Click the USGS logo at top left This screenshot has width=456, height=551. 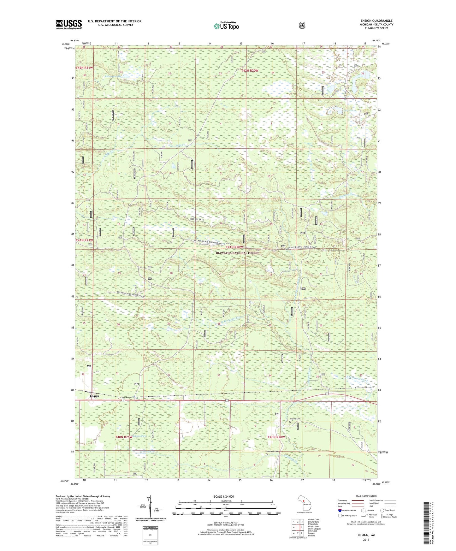click(69, 24)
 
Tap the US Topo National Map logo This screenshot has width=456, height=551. click(226, 26)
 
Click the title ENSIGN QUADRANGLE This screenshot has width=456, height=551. click(376, 21)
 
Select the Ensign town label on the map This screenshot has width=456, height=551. click(94, 396)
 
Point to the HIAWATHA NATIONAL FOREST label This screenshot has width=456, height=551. click(237, 253)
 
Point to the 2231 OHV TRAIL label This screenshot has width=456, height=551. click(200, 219)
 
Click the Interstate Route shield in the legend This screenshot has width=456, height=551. click(340, 510)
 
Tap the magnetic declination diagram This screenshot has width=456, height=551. click(151, 508)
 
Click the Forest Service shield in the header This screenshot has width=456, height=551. click(302, 25)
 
